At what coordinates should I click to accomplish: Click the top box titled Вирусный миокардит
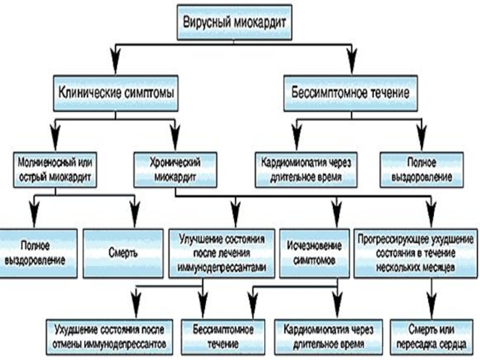pos(235,22)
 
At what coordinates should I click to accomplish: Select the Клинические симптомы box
pos(116,93)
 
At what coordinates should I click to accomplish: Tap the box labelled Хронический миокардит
pos(175,170)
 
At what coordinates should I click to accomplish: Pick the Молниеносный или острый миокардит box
pos(55,170)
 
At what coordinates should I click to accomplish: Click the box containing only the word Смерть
pos(123,253)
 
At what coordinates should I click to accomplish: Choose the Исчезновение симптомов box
pos(314,253)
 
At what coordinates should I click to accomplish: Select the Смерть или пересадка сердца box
pos(431,337)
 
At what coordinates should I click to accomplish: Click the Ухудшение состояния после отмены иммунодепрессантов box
pos(109,337)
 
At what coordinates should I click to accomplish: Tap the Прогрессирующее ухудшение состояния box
pos(415,253)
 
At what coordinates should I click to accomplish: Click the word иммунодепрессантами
pos(221,268)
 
